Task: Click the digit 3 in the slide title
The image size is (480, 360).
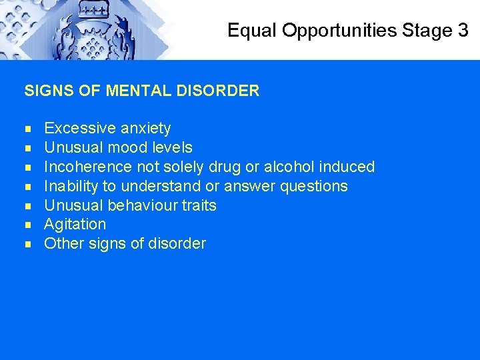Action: (x=463, y=31)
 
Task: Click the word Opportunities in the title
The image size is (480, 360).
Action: (x=341, y=31)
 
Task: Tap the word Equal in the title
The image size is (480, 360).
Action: (x=252, y=31)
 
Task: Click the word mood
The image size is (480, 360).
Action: (x=126, y=147)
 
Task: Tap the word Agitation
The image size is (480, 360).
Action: (x=75, y=225)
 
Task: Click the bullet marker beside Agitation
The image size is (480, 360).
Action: (x=28, y=225)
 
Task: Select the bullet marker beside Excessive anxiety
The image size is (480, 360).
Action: (x=28, y=129)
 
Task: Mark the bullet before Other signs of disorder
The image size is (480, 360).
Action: (x=28, y=245)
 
